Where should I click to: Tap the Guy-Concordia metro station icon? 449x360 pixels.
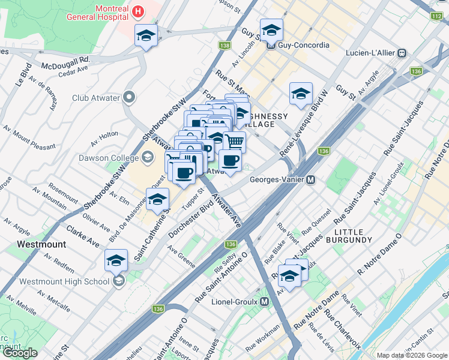pos(271,45)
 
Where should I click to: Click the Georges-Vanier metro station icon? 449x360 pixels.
pos(311,179)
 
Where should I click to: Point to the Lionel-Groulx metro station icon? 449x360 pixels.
pos(265,302)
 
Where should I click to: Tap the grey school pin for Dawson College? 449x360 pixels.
pos(147,158)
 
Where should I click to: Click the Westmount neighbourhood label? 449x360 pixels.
pos(41,245)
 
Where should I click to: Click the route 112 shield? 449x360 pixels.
pos(436,16)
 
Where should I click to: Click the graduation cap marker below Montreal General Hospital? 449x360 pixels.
pos(146,35)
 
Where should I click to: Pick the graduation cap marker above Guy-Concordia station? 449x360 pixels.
pos(271,29)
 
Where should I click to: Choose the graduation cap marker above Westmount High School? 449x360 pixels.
pos(116,260)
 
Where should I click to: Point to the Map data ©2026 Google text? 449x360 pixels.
pos(412,355)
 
